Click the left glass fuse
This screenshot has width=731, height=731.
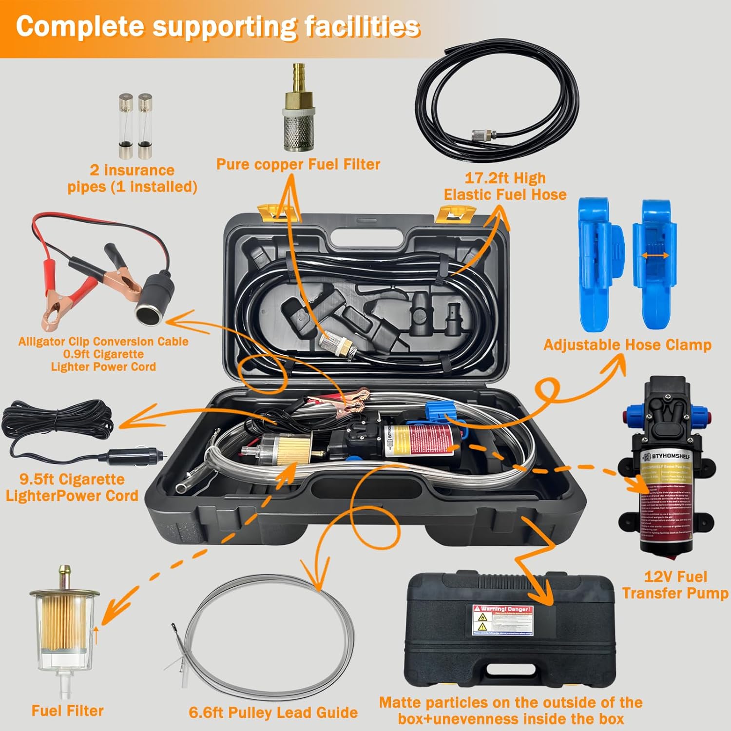click(125, 126)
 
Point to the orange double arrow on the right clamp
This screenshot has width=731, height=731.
click(654, 255)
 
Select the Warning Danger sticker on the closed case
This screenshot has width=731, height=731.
click(502, 619)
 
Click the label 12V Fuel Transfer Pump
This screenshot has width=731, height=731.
click(675, 585)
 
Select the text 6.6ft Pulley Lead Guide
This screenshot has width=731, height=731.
click(273, 712)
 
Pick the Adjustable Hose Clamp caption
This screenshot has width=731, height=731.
click(627, 345)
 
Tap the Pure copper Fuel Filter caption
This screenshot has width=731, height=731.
click(298, 164)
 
